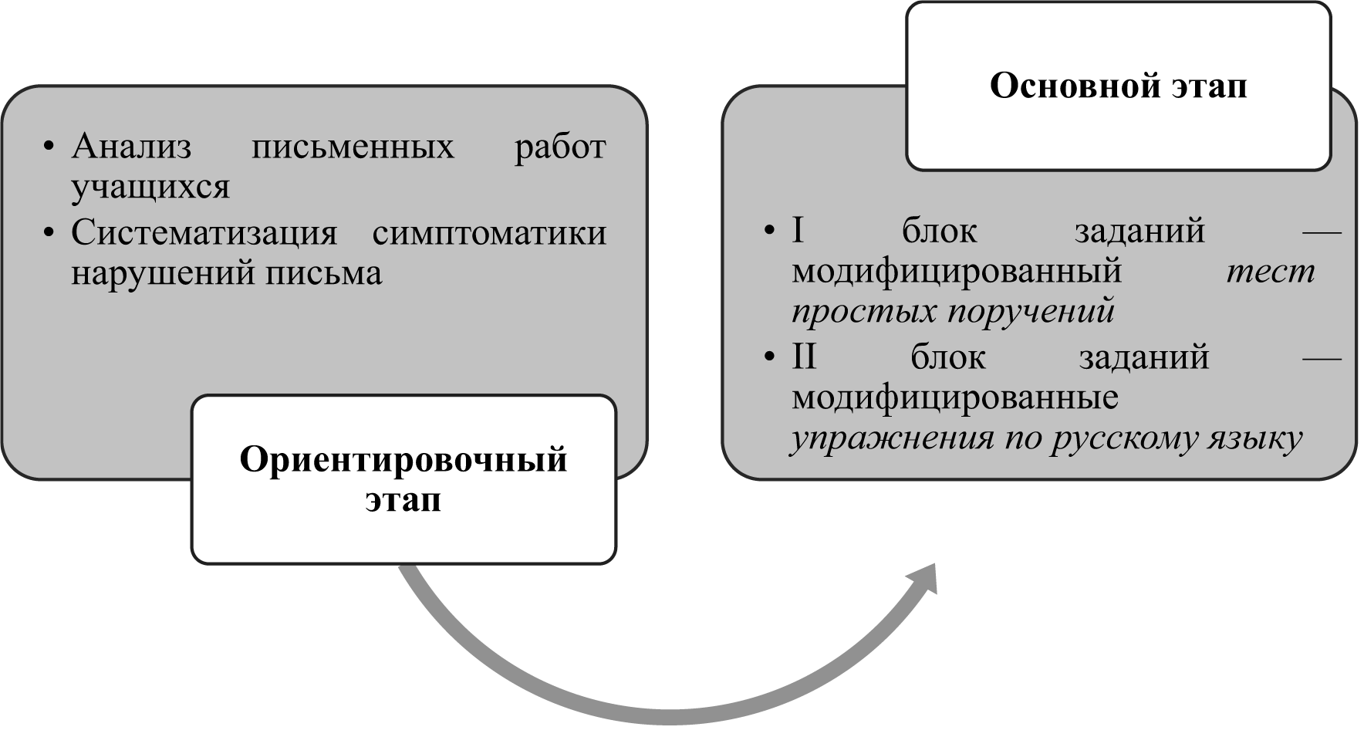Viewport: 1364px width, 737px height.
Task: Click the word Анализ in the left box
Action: pos(131,147)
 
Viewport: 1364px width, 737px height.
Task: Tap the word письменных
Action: pos(353,147)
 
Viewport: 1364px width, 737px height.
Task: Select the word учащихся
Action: pos(150,188)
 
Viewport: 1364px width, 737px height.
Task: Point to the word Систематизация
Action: pos(204,233)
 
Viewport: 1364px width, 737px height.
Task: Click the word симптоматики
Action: pos(489,233)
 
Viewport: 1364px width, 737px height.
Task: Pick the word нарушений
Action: pos(163,273)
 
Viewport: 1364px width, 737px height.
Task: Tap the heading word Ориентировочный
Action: pos(403,460)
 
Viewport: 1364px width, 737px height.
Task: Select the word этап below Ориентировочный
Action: pos(403,500)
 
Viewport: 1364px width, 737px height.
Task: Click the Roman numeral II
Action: pos(804,357)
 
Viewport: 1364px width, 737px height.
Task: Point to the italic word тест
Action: pos(1270,272)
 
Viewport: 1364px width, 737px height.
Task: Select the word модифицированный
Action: pos(957,272)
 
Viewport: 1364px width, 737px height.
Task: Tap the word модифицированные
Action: pos(955,398)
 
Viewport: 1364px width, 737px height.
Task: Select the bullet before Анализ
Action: pos(50,147)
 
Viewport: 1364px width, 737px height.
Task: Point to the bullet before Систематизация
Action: pos(50,233)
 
